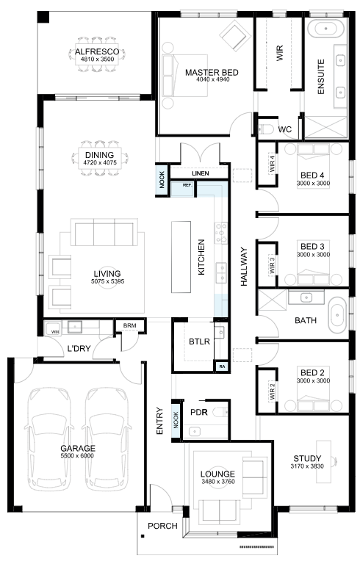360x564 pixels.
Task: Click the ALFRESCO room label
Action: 97,51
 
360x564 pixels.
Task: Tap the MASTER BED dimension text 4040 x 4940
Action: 213,79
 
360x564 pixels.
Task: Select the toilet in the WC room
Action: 265,129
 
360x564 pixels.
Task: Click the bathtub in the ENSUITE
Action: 326,28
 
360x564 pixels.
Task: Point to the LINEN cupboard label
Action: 200,173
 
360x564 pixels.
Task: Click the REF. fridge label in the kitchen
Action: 187,185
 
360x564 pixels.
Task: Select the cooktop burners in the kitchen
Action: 221,233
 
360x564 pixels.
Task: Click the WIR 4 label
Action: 272,164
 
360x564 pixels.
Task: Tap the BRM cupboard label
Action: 129,325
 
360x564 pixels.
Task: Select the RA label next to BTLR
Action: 222,366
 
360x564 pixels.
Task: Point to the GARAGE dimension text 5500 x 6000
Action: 78,456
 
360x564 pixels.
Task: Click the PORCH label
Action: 162,526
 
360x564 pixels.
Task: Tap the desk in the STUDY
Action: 324,461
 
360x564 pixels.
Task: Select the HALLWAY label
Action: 244,267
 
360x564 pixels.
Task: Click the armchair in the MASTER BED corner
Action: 235,35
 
